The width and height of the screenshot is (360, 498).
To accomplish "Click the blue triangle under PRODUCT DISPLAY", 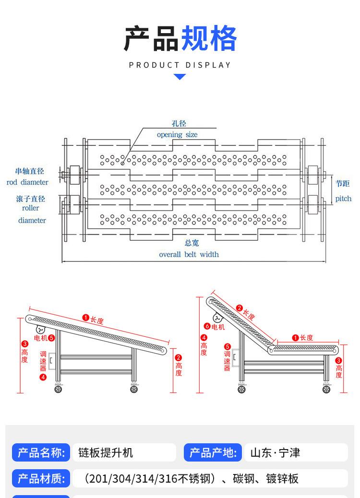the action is (x=180, y=77).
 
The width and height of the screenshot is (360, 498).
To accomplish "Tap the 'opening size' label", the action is (x=177, y=135).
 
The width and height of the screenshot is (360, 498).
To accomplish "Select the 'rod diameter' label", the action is (x=27, y=182).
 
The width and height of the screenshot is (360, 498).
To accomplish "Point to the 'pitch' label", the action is (x=343, y=199).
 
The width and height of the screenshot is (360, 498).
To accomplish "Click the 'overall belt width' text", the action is (x=189, y=254).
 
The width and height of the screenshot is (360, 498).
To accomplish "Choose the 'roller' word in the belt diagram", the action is (x=30, y=208).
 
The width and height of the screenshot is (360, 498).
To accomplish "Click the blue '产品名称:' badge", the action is (x=41, y=452).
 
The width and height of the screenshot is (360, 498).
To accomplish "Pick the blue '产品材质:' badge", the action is (x=41, y=478).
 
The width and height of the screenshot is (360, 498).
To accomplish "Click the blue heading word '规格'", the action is (x=208, y=39).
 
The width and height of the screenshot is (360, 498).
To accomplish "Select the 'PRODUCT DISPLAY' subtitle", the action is (x=180, y=65).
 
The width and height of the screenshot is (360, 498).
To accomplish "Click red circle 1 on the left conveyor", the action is (x=85, y=318).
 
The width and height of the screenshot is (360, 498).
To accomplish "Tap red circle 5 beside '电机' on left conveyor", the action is (x=51, y=338).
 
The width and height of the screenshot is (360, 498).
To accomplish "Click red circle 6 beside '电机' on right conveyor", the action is (x=207, y=327).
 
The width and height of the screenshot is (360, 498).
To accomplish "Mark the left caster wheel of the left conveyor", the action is (x=59, y=389).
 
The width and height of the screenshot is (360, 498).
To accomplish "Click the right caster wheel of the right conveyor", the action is (x=326, y=389).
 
